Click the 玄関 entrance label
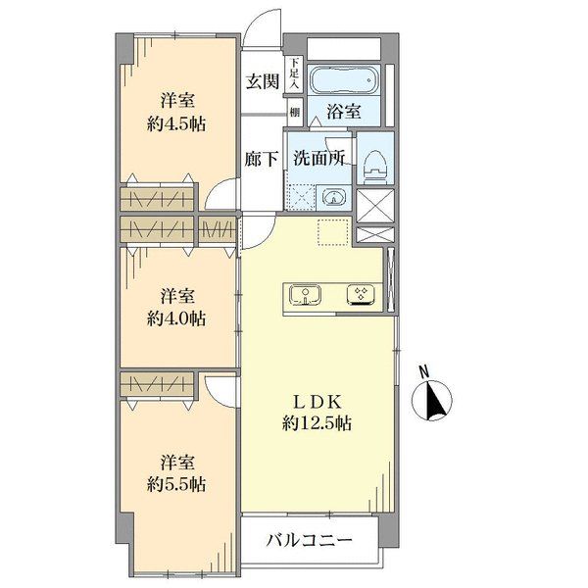(263, 81)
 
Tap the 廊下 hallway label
(262, 159)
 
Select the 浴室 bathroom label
(344, 111)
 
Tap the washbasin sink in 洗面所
(333, 197)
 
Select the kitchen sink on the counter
(305, 294)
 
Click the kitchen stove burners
(362, 294)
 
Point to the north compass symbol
(431, 401)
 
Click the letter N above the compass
(424, 372)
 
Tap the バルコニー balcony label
(310, 540)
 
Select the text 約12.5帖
(317, 423)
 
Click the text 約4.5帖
(176, 123)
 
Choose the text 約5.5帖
(176, 485)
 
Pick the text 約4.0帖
(176, 319)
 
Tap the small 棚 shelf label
(295, 112)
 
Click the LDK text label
(318, 402)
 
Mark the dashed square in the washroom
(301, 197)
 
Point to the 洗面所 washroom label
(319, 158)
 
